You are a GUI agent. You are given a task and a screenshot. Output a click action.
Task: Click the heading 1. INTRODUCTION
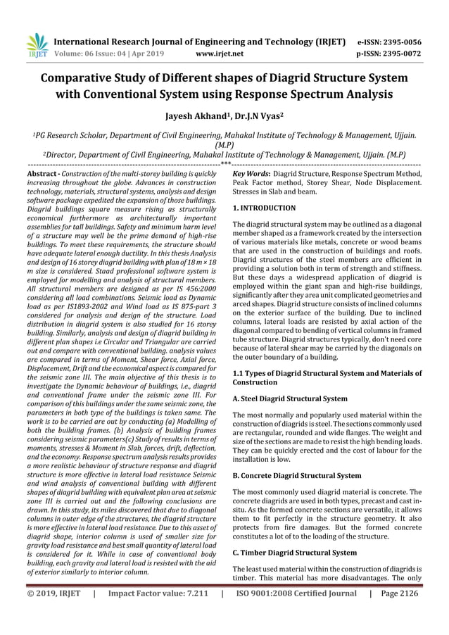point(264,208)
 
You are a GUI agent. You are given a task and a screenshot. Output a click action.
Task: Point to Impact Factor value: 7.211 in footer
point(156,613)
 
